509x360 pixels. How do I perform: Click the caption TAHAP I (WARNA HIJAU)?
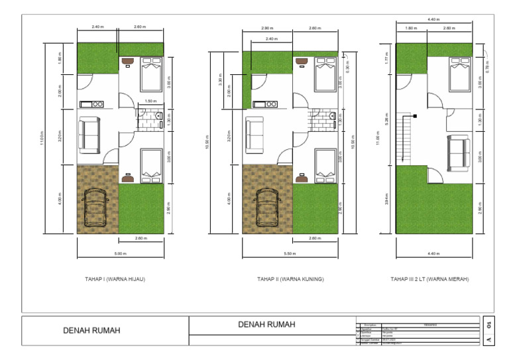115,279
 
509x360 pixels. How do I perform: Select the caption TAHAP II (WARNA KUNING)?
290,279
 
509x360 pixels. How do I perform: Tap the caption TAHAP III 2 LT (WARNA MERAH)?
429,279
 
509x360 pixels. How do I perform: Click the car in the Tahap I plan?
98,208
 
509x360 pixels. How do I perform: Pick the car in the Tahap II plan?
268,208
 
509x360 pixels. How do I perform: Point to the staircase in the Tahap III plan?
405,138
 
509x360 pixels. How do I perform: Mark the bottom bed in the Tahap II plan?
324,164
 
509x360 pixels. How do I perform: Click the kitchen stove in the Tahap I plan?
90,104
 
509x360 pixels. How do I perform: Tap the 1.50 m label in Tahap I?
150,101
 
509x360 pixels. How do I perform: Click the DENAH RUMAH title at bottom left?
91,330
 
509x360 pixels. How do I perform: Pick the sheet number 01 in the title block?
488,325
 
